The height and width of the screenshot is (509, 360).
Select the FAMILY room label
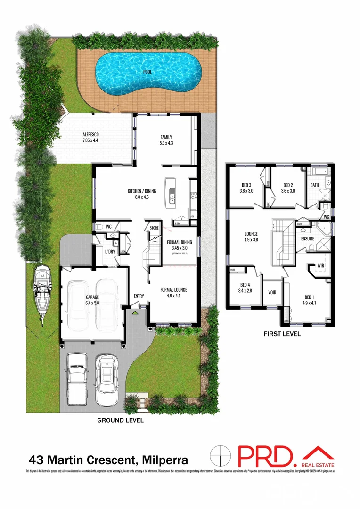tap(166, 137)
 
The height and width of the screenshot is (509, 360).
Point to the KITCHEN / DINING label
tap(141, 191)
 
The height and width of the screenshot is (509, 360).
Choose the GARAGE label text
tap(92, 297)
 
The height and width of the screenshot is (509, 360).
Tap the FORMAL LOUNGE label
tap(173, 290)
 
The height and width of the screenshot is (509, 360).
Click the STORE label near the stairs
tap(154, 229)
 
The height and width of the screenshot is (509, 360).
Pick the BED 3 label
tap(246, 185)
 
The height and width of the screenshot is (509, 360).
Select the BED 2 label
tap(288, 185)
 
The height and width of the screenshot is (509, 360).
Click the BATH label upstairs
tap(315, 185)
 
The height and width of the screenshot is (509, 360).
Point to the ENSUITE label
tap(308, 239)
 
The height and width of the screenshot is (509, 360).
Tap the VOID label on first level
tap(272, 292)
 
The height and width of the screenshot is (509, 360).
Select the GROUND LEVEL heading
tap(120, 420)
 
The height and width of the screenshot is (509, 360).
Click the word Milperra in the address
tap(163, 460)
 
